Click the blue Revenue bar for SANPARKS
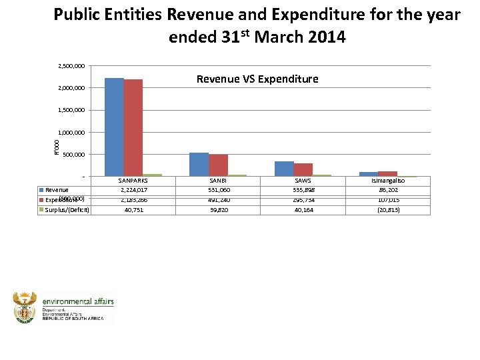pyautogui.click(x=114, y=127)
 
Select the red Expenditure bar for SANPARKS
pyautogui.click(x=133, y=127)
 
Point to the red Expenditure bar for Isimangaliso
pyautogui.click(x=388, y=174)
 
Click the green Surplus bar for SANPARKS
pyautogui.click(x=152, y=175)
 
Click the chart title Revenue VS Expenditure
pyautogui.click(x=257, y=79)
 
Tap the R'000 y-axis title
pyautogui.click(x=57, y=147)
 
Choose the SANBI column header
pyautogui.click(x=218, y=181)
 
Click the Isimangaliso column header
pyautogui.click(x=387, y=181)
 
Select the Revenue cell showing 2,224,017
pyautogui.click(x=133, y=190)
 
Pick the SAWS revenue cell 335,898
pyautogui.click(x=303, y=190)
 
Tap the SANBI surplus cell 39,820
pyautogui.click(x=218, y=209)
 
